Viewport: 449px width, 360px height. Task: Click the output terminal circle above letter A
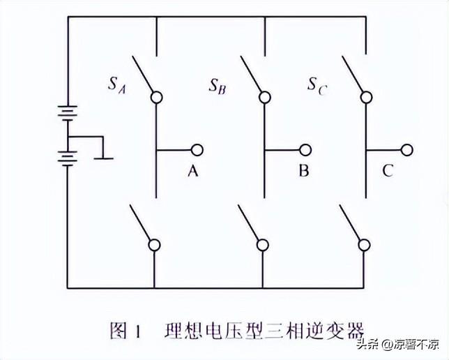click(197, 149)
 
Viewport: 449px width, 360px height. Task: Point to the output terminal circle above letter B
click(305, 149)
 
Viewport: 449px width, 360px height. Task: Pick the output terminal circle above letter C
click(406, 149)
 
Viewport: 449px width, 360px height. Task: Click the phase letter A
click(193, 171)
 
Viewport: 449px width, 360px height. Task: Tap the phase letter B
click(303, 171)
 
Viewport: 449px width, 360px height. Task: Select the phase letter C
click(388, 171)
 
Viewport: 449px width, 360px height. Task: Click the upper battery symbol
click(68, 112)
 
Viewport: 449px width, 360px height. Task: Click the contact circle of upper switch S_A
click(156, 97)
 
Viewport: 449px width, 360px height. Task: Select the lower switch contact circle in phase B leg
click(263, 244)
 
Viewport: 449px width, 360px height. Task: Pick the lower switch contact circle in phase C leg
click(364, 244)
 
